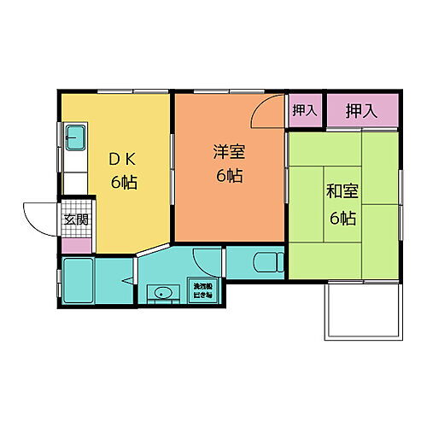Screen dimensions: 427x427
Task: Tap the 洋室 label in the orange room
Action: (x=229, y=152)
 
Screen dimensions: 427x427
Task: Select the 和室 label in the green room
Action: (x=342, y=192)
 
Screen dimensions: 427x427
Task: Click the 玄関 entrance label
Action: (x=73, y=219)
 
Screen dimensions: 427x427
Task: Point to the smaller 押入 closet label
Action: (x=303, y=109)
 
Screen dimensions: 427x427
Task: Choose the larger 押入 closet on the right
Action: (x=362, y=109)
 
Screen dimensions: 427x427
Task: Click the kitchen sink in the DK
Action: (x=74, y=136)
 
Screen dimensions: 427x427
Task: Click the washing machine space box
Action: (x=202, y=290)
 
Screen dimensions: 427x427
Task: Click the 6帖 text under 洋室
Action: (x=229, y=176)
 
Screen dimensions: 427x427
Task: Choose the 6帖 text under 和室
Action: (x=342, y=217)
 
